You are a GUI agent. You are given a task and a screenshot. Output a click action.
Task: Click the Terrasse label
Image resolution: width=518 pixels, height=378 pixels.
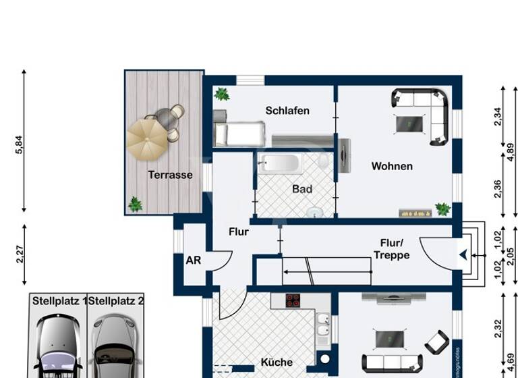click(x=170, y=175)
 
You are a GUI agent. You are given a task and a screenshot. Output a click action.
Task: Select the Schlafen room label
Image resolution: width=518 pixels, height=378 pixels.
click(x=287, y=111)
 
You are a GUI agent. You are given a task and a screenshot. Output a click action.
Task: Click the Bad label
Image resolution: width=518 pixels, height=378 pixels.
click(x=302, y=190)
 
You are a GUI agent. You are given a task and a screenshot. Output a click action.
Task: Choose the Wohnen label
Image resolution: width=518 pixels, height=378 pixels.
click(x=392, y=166)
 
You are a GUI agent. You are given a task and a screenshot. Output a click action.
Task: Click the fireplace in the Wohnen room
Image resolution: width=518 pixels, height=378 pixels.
click(x=414, y=213)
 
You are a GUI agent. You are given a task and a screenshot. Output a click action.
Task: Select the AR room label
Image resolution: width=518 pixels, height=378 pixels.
click(x=194, y=261)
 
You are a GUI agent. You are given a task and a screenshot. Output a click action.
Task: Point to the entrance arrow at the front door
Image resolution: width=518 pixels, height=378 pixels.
click(x=463, y=255)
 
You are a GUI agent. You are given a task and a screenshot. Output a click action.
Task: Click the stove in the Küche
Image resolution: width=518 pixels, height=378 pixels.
click(x=293, y=300)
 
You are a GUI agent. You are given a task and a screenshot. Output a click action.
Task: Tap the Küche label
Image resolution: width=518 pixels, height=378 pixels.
click(x=277, y=362)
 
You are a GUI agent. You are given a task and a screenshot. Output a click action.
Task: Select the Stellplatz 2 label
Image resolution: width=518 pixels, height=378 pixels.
click(x=116, y=301)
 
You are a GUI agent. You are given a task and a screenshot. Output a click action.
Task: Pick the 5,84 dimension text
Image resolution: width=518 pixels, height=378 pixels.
click(x=20, y=146)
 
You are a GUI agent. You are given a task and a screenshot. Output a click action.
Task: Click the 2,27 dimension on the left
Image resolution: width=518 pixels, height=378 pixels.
click(x=20, y=254)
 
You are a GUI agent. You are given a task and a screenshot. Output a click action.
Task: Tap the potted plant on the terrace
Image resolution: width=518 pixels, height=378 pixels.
click(x=136, y=204)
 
